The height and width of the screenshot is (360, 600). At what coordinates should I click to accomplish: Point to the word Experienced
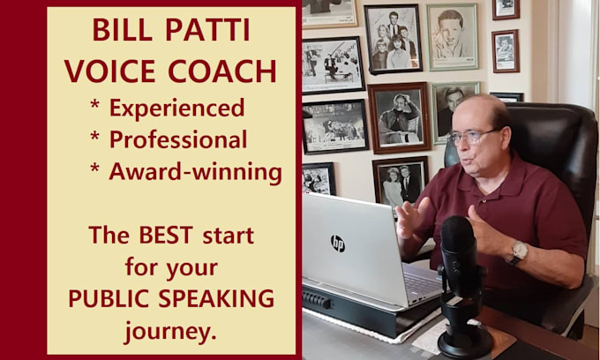click(176, 108)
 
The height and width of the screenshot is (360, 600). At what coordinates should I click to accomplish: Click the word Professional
click(177, 139)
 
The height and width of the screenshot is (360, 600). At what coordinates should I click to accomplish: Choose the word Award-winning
click(195, 171)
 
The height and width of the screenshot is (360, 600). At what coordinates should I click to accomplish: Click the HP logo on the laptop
click(337, 243)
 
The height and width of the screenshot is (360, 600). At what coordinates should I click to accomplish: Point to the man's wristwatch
click(520, 252)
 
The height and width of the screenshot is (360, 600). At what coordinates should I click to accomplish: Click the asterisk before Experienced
click(95, 108)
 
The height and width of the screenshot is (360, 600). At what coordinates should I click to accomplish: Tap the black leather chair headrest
click(556, 132)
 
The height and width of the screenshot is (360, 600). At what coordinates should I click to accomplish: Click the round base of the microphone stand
click(465, 343)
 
